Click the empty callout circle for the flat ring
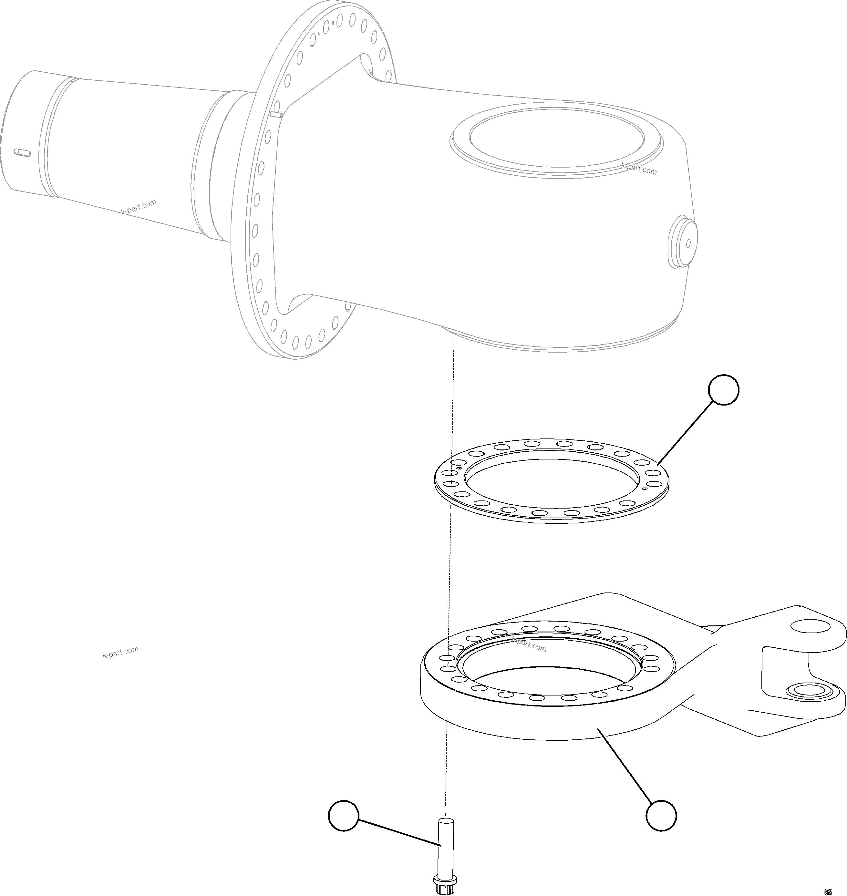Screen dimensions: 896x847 click(x=724, y=389)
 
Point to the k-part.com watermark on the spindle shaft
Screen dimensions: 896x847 click(x=139, y=207)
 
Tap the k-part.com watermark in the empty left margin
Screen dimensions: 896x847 click(x=120, y=652)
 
